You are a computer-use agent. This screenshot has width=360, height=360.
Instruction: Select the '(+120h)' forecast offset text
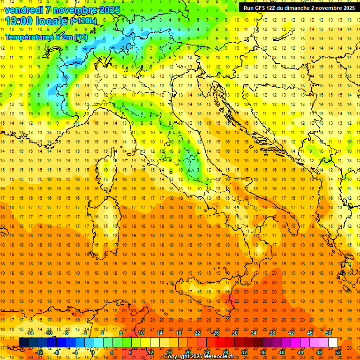tap(84, 21)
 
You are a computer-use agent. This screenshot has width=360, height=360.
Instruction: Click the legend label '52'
tap(338, 352)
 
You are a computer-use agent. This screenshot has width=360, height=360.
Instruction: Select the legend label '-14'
tap(30, 333)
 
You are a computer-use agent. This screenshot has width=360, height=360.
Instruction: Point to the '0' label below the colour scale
tap(93, 352)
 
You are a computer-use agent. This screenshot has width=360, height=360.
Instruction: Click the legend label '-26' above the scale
tap(215, 333)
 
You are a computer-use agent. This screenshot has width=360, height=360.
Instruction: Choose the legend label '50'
tap(329, 333)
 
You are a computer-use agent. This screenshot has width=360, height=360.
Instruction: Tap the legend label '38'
tap(272, 333)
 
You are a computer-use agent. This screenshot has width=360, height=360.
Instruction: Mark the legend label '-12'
tap(39, 352)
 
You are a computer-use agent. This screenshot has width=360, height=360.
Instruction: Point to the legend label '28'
tap(225, 352)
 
